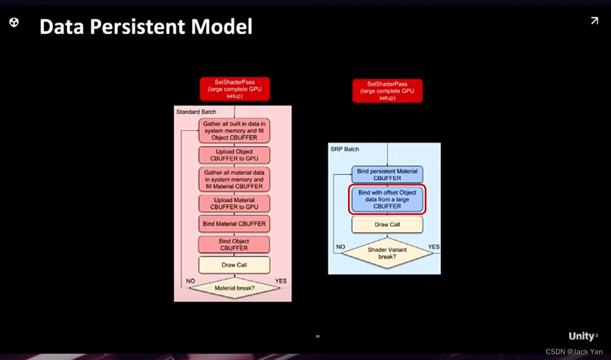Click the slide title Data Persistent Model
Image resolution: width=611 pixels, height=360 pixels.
146,27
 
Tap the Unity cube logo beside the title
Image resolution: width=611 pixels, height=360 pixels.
14,22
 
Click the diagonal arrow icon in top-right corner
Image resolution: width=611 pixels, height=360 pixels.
594,21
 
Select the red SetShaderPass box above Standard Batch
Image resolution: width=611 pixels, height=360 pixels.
235,89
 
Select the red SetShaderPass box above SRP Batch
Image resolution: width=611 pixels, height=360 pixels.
387,91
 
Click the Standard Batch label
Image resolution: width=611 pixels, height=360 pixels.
196,112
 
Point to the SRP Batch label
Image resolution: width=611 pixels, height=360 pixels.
345,149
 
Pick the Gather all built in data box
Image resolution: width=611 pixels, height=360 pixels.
234,131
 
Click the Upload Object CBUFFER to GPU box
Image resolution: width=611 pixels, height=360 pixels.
234,155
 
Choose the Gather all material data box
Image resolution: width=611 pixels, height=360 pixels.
234,180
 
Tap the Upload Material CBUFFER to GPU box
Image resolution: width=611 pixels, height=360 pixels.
234,203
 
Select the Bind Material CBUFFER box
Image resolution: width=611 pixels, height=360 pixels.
234,224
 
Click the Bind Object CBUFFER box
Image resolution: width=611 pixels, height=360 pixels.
234,245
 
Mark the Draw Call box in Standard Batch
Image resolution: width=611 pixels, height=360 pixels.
234,265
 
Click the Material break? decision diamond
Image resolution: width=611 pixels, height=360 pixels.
234,288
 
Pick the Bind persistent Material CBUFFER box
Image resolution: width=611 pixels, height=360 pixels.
387,174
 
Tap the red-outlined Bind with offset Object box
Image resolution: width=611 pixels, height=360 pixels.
387,199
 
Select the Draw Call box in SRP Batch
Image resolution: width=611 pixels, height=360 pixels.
387,225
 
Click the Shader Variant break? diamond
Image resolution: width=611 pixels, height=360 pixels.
387,253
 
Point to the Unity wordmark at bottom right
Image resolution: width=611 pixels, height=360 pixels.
582,336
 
